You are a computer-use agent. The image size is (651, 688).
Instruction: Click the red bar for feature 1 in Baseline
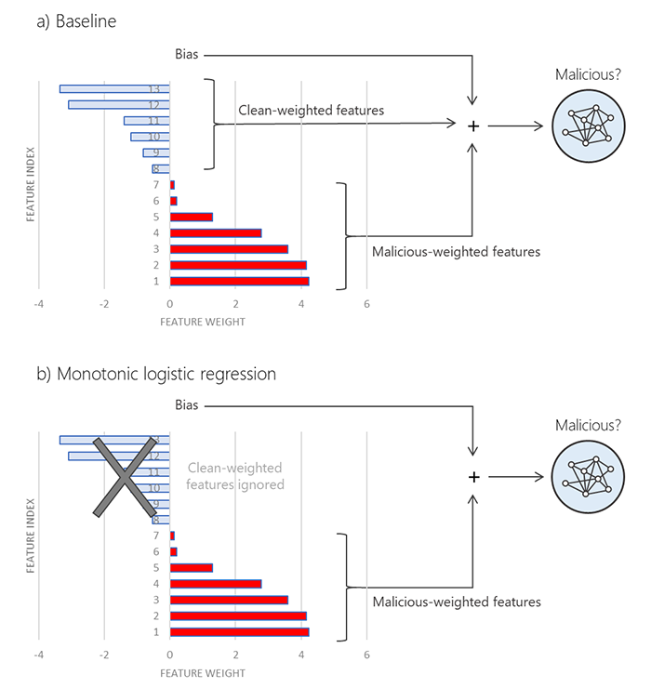(239, 281)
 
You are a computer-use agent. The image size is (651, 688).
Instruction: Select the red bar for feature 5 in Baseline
(192, 217)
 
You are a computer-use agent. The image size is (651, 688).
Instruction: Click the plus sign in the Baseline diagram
(473, 126)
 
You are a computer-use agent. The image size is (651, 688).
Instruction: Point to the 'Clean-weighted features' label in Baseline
(312, 111)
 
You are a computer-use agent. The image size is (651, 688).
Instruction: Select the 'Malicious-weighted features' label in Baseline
(456, 251)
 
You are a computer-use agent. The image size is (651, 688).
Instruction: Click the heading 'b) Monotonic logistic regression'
(156, 374)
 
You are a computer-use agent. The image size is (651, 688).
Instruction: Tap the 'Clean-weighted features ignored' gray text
(234, 476)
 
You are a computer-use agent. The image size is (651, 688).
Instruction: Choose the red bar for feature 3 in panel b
(229, 600)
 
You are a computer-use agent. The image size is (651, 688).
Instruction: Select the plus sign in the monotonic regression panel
(473, 477)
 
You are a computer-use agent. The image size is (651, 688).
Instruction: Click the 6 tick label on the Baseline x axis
(367, 304)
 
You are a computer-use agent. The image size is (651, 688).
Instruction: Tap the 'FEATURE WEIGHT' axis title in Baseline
(203, 322)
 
